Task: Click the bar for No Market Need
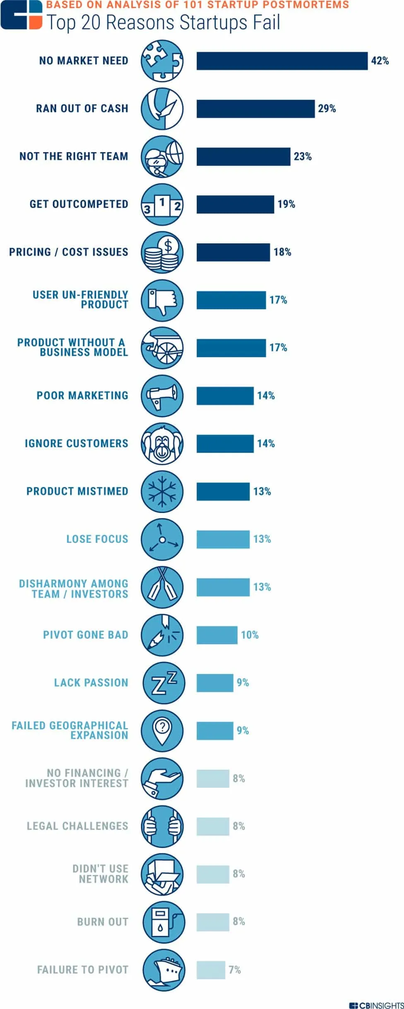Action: (282, 61)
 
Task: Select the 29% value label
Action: (327, 108)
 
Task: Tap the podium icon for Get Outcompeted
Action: (162, 204)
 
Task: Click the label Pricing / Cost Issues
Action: (69, 252)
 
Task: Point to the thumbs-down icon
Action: (162, 300)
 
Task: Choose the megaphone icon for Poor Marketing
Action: (162, 395)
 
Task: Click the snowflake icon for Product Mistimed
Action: (162, 491)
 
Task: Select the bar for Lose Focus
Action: (223, 539)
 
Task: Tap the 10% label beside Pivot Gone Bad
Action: (250, 635)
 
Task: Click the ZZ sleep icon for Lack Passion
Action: (164, 683)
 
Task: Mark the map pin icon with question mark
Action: (162, 731)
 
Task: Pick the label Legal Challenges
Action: (77, 826)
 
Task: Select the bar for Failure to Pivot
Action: (211, 970)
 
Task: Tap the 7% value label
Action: (234, 970)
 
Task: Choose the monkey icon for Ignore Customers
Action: (162, 443)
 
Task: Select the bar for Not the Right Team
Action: (243, 156)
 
